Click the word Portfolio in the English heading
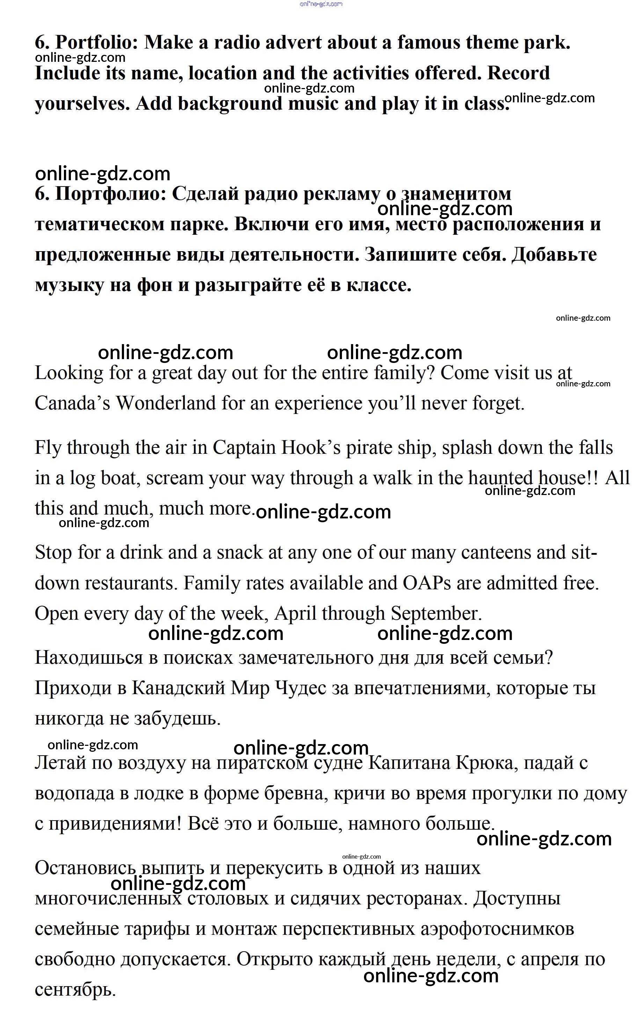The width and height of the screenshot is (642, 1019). [97, 43]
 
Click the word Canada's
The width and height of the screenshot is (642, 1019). [72, 403]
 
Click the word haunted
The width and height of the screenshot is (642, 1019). [500, 478]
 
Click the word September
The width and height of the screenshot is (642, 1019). [436, 613]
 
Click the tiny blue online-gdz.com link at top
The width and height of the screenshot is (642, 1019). [321, 4]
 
